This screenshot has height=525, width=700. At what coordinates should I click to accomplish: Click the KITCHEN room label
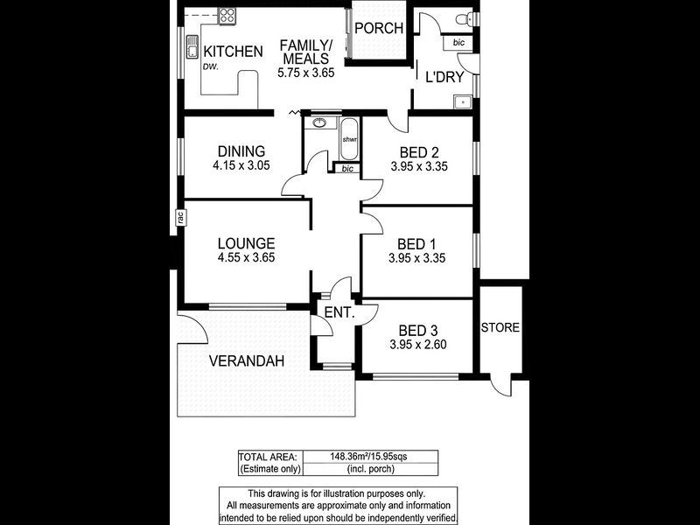tap(233, 52)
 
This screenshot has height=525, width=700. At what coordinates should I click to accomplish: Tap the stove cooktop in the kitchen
tap(227, 15)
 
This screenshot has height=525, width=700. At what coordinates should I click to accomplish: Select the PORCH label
tap(379, 28)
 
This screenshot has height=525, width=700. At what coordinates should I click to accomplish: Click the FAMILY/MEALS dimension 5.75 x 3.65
tap(306, 73)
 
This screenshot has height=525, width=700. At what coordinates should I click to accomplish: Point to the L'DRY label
tap(444, 77)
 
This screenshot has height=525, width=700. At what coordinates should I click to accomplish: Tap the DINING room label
tap(241, 151)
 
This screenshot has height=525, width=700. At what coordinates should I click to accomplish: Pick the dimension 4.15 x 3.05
tap(241, 165)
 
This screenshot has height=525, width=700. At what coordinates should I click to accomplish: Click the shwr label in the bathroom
tap(349, 140)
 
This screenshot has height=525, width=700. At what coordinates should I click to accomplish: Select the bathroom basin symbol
tap(321, 123)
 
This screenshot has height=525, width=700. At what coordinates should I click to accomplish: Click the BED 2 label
tap(418, 151)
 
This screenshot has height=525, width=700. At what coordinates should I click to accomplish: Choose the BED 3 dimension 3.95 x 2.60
tap(418, 345)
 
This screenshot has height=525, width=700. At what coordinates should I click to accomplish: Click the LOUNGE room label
tap(247, 243)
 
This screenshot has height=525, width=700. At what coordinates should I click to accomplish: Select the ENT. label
tap(338, 312)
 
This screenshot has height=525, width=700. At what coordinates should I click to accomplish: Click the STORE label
tap(500, 328)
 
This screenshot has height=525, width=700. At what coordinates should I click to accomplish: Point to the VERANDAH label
tap(247, 360)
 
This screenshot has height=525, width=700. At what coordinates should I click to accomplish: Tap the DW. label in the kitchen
tap(210, 66)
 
